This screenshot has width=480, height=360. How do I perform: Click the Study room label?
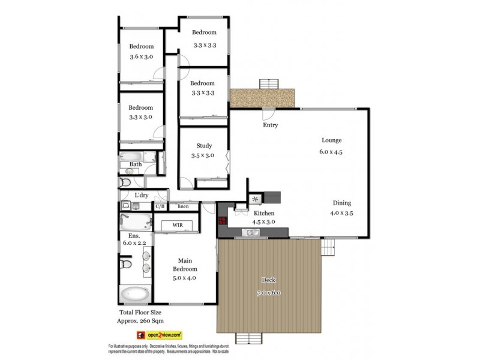click(205, 146)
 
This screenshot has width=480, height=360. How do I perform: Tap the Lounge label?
click(331, 140)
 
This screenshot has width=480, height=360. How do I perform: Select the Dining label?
click(341, 203)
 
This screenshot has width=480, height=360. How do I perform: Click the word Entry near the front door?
click(270, 125)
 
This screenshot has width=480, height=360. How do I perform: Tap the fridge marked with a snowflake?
click(254, 199)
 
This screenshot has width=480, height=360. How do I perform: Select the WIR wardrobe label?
click(178, 225)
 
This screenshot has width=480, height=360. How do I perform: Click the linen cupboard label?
click(182, 206)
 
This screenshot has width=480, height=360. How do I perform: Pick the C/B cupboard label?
click(160, 206)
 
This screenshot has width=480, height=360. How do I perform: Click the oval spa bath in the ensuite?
click(136, 295)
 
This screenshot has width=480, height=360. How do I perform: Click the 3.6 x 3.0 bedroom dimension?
click(142, 57)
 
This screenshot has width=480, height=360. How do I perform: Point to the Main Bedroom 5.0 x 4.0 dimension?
click(184, 278)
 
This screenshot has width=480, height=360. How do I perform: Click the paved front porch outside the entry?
click(263, 96)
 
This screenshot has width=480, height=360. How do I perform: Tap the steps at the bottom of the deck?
click(250, 338)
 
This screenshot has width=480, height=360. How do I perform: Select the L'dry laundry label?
click(142, 195)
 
